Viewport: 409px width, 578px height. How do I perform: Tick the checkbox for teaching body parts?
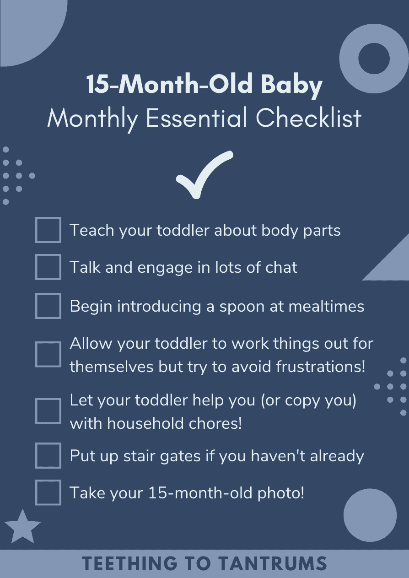(x=48, y=230)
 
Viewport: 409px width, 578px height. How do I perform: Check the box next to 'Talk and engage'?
(x=48, y=267)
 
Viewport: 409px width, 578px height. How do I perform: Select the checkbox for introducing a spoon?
(x=48, y=306)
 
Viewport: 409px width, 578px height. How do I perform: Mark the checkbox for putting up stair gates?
(x=48, y=455)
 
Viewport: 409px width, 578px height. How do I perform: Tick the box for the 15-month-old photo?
(x=48, y=492)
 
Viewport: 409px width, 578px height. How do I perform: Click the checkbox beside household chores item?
(x=48, y=411)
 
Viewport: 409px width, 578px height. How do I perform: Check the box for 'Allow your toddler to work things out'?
(x=48, y=354)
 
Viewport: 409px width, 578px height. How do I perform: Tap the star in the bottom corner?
(x=23, y=527)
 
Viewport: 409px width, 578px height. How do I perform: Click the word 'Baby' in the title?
(x=292, y=85)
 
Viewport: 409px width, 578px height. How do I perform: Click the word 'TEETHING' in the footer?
(x=130, y=563)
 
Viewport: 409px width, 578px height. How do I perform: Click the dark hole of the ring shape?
(x=374, y=59)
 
